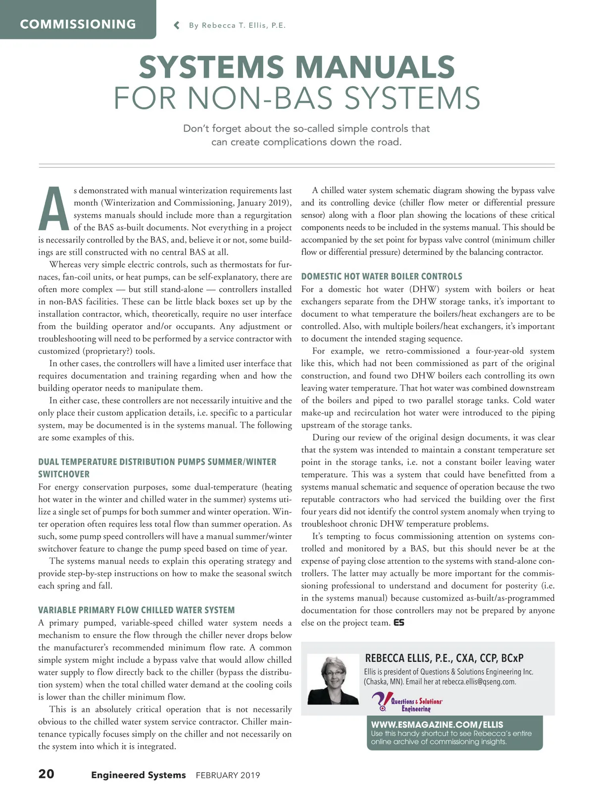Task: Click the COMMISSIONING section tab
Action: pos(78,24)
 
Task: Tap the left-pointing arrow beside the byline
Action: pos(177,25)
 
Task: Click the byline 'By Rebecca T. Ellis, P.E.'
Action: pos(237,25)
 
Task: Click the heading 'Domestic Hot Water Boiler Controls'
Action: pos(382,276)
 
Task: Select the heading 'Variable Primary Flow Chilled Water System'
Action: pos(136,610)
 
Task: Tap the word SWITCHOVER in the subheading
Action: pos(64,474)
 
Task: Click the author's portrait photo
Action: pos(333,679)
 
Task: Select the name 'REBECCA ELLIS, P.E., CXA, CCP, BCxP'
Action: pos(444,658)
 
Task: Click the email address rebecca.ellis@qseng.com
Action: pos(479,682)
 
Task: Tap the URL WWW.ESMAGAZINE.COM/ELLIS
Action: pos(437,724)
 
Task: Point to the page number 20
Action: pos(47,774)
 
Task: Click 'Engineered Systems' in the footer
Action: pos(138,775)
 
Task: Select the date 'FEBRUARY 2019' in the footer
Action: pos(228,775)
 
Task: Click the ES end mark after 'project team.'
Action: pos(399,622)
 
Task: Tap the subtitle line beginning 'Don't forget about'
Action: pos(306,129)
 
